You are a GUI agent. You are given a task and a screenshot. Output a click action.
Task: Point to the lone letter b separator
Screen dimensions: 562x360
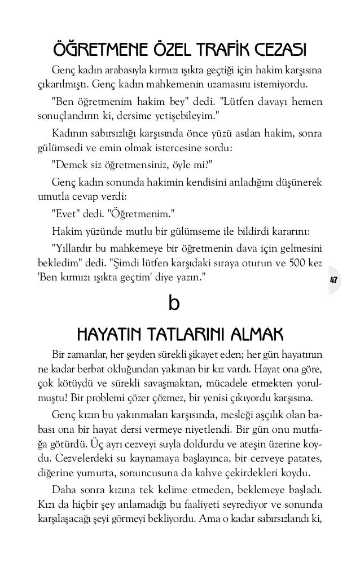click(x=174, y=305)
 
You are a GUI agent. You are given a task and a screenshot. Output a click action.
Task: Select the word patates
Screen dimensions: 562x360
click(x=304, y=455)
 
